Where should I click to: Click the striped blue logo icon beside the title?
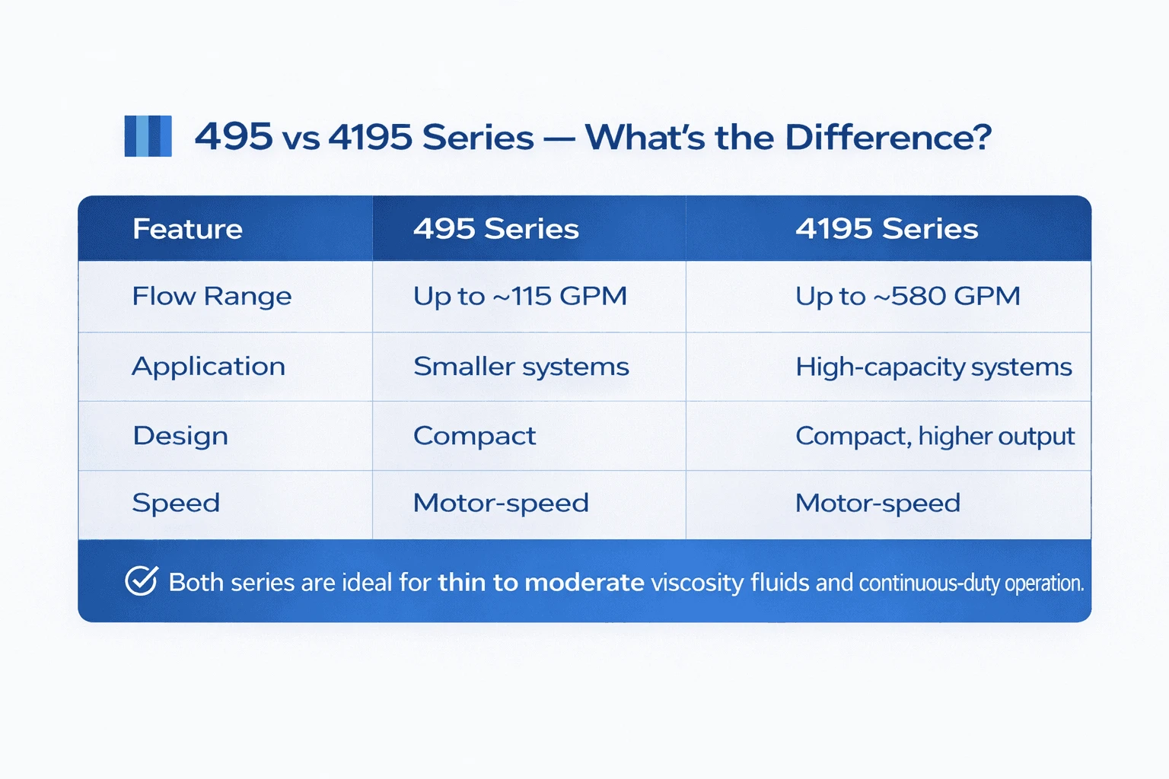(x=148, y=136)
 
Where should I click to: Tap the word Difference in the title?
(x=887, y=138)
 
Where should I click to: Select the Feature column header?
(x=187, y=229)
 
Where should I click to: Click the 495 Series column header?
(x=495, y=229)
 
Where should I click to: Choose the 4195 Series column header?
(x=887, y=229)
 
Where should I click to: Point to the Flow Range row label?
(x=212, y=296)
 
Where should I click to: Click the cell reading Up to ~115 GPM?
(x=520, y=296)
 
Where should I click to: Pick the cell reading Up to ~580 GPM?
(x=907, y=296)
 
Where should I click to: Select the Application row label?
(x=209, y=367)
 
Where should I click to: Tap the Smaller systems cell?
(x=521, y=367)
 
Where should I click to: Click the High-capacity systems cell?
(x=933, y=367)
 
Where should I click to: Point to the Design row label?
(x=180, y=436)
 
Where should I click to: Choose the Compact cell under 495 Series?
(x=474, y=436)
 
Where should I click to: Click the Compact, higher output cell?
(x=935, y=436)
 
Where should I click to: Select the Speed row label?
(x=176, y=503)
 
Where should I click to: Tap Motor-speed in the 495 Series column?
(x=501, y=503)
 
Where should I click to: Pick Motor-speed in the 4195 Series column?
(x=878, y=503)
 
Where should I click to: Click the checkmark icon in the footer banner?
(x=141, y=581)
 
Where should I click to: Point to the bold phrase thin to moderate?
(x=541, y=582)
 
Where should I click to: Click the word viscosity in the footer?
(x=697, y=582)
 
